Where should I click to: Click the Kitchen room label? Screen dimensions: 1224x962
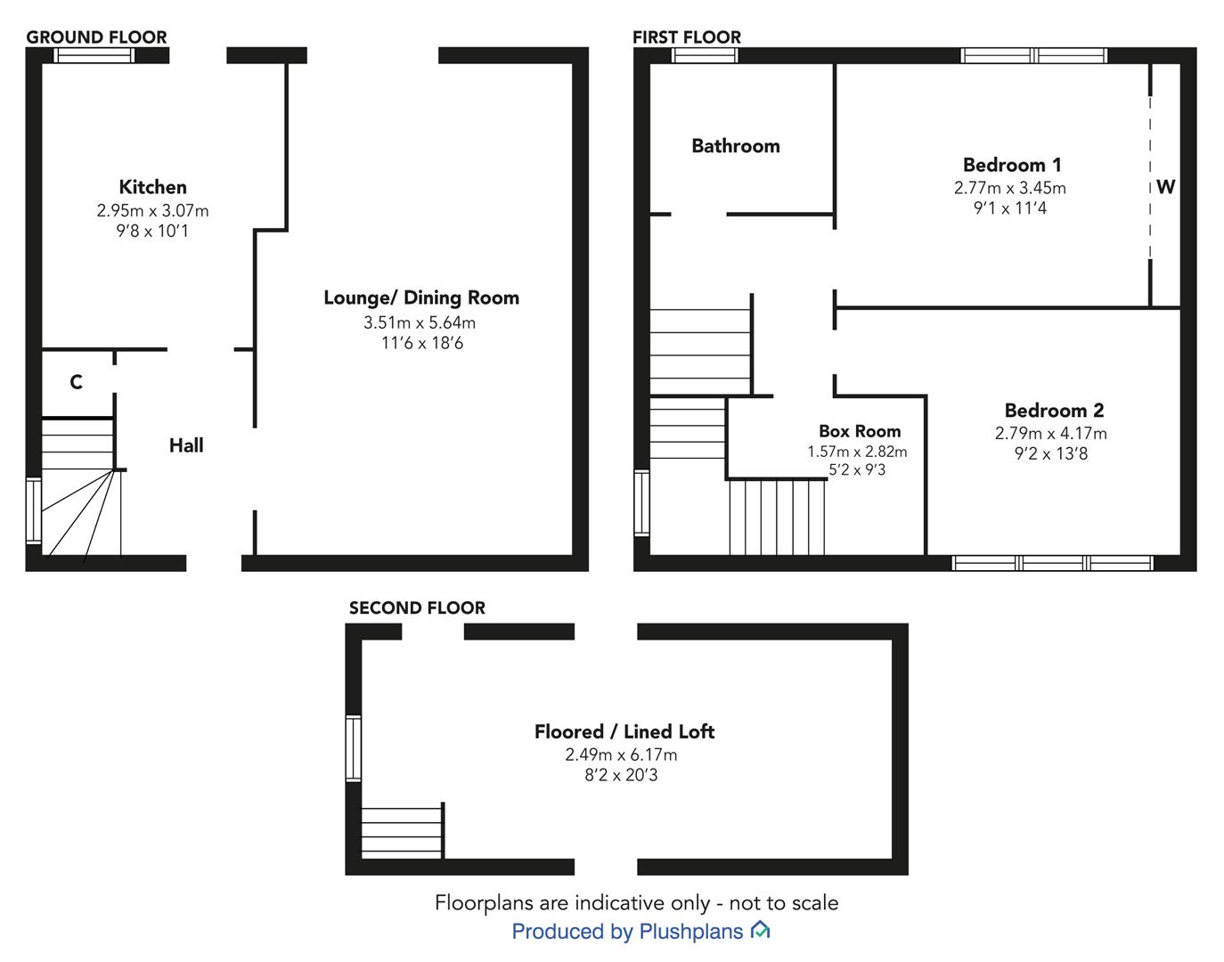[152, 187]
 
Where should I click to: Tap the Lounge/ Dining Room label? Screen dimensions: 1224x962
[421, 298]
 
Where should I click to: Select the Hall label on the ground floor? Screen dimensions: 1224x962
[186, 445]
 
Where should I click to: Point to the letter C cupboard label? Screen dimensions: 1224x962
[77, 382]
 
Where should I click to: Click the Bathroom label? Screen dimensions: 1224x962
[736, 146]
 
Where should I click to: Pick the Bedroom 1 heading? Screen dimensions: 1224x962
[1012, 165]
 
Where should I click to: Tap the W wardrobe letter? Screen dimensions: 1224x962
[1165, 186]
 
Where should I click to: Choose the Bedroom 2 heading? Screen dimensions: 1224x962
[1054, 410]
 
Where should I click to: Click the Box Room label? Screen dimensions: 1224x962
[860, 431]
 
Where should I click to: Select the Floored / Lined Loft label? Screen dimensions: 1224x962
[624, 731]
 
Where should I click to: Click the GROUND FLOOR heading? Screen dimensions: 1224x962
[96, 37]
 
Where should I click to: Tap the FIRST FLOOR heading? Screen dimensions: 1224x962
[687, 37]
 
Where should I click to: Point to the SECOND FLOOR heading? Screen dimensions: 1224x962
[417, 607]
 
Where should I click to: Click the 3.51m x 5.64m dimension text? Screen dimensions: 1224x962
[420, 322]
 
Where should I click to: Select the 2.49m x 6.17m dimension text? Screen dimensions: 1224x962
[621, 754]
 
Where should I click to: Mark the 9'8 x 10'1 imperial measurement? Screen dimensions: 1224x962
[152, 231]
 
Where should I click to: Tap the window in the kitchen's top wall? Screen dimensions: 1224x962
[94, 55]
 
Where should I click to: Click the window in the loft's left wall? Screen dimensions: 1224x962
[353, 748]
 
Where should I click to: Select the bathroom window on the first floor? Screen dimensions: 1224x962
[705, 55]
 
